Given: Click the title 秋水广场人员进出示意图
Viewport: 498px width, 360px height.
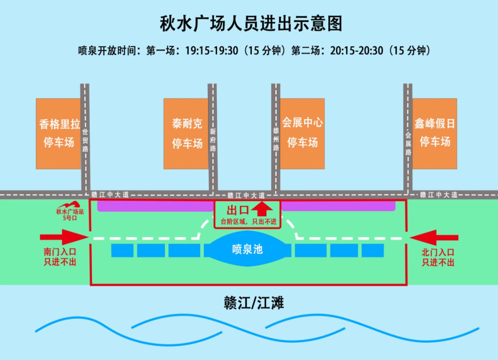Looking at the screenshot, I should (x=251, y=24).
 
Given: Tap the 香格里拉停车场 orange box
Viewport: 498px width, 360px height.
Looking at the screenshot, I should (x=59, y=133).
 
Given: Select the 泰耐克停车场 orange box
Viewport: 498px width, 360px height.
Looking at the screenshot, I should (x=187, y=133).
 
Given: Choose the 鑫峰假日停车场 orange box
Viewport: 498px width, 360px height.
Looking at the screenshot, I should (x=434, y=133).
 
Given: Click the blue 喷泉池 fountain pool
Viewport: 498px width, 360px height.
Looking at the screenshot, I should (x=247, y=249).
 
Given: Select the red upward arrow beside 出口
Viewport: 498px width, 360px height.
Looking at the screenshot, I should (x=261, y=209).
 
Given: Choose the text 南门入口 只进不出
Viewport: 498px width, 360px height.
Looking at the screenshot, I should (x=60, y=258).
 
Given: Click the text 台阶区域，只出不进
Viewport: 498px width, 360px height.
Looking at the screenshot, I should (x=248, y=222).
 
